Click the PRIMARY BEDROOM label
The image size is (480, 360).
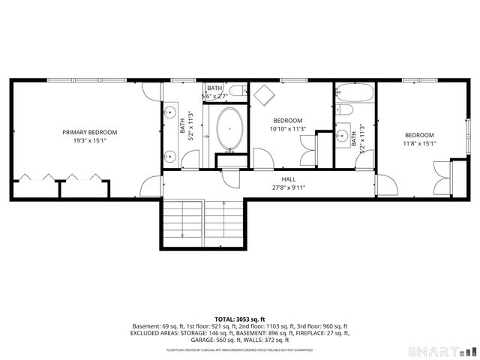(x=89, y=132)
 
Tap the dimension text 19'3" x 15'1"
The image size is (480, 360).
(x=89, y=140)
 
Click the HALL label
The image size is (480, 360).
(x=288, y=179)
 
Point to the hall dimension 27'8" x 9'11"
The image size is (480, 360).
(x=288, y=187)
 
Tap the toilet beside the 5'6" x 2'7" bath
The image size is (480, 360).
(x=237, y=92)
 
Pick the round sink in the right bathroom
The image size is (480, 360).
(x=343, y=137)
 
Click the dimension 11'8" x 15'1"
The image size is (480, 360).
(x=419, y=144)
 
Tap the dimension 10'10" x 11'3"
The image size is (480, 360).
(x=287, y=128)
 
